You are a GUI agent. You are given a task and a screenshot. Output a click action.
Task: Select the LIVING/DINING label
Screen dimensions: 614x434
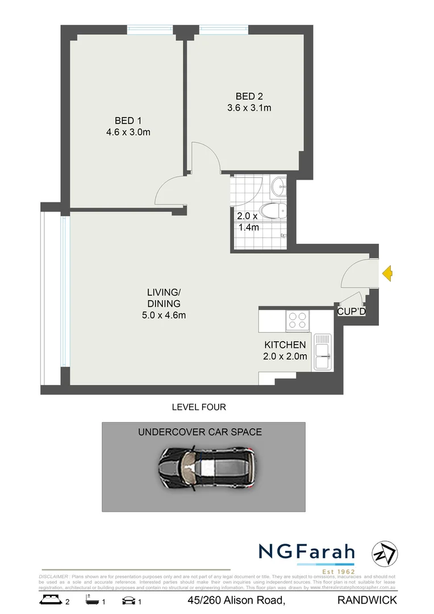(164, 298)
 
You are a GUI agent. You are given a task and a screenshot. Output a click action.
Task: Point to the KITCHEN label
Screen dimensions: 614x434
(285, 345)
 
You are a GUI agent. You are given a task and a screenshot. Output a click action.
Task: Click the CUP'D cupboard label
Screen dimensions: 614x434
(351, 312)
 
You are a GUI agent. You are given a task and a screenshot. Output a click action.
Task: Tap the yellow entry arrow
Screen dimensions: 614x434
(387, 273)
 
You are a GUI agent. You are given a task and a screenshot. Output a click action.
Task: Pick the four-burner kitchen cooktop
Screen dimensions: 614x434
(297, 320)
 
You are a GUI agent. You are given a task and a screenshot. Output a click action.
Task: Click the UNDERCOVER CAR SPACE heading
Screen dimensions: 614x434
(200, 432)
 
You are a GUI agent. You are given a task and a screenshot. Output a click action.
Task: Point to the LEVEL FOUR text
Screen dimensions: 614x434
(199, 407)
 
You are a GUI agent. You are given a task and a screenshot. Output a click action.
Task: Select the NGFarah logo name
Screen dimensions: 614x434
(307, 551)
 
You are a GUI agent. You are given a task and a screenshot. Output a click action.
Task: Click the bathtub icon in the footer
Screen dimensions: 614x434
(91, 600)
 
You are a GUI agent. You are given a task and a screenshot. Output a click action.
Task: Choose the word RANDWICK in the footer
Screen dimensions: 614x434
(367, 600)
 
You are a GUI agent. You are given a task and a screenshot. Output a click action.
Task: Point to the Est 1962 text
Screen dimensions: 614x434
(339, 571)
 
